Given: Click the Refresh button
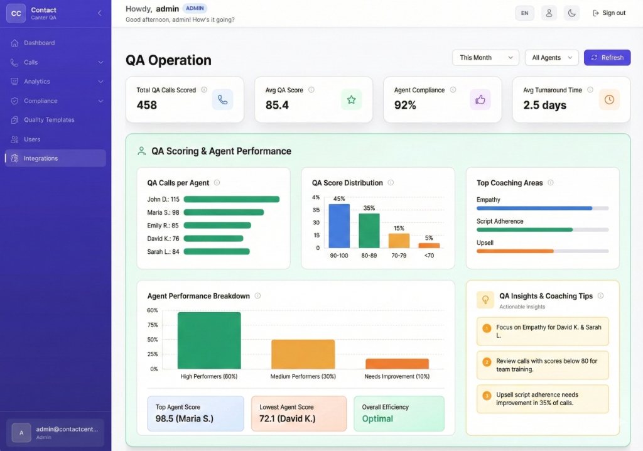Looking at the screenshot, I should (x=607, y=58).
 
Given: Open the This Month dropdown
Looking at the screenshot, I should (x=485, y=58).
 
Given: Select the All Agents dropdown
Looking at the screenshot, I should (x=551, y=58).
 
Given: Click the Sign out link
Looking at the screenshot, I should (x=608, y=13).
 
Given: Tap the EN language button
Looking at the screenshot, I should (x=524, y=13).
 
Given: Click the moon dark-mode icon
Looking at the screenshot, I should (x=571, y=13).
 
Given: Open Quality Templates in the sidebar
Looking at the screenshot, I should (x=49, y=120).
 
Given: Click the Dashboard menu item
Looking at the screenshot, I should (x=39, y=43).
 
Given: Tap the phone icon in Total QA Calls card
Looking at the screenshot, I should (x=222, y=99).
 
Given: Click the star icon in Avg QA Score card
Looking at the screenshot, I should (x=351, y=99).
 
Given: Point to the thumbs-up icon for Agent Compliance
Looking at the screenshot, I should (x=480, y=99).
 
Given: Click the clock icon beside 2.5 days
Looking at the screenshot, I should (x=609, y=99).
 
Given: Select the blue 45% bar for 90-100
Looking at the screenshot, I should (x=339, y=226).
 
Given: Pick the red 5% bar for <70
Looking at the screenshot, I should (x=429, y=246).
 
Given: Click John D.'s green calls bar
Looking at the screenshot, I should (x=231, y=199).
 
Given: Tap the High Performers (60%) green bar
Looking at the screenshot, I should (x=209, y=340).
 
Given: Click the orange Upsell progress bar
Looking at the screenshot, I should (x=515, y=251).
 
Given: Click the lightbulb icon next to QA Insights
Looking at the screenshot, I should (x=485, y=300).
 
